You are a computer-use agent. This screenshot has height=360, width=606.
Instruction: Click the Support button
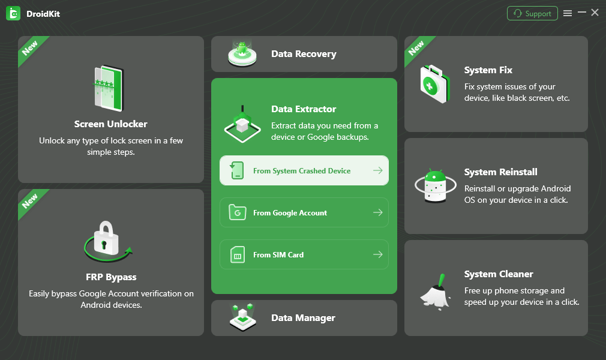point(532,13)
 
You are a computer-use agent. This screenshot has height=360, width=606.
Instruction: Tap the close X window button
point(595,13)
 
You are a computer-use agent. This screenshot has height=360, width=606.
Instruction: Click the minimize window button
point(581,13)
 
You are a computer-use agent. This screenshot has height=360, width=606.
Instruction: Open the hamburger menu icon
point(568,13)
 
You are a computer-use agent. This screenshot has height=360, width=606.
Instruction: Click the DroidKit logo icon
point(13,13)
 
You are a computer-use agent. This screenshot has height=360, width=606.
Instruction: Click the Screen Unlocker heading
point(111,124)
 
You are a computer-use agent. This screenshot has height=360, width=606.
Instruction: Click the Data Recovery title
point(304,54)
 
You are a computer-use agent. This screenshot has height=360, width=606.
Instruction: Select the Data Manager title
point(303,318)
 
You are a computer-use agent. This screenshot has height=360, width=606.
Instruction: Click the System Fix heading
point(488,70)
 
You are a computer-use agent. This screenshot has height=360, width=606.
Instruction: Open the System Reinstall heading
point(501,172)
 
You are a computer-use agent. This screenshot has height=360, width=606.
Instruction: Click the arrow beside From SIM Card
point(377,255)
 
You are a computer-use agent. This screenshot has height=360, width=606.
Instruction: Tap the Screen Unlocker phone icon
point(108,89)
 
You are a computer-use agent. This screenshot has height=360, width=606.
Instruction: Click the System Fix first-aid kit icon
point(434,84)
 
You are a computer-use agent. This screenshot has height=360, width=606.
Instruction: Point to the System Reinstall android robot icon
point(435,186)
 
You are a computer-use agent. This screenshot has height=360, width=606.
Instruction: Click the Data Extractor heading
point(304,109)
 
